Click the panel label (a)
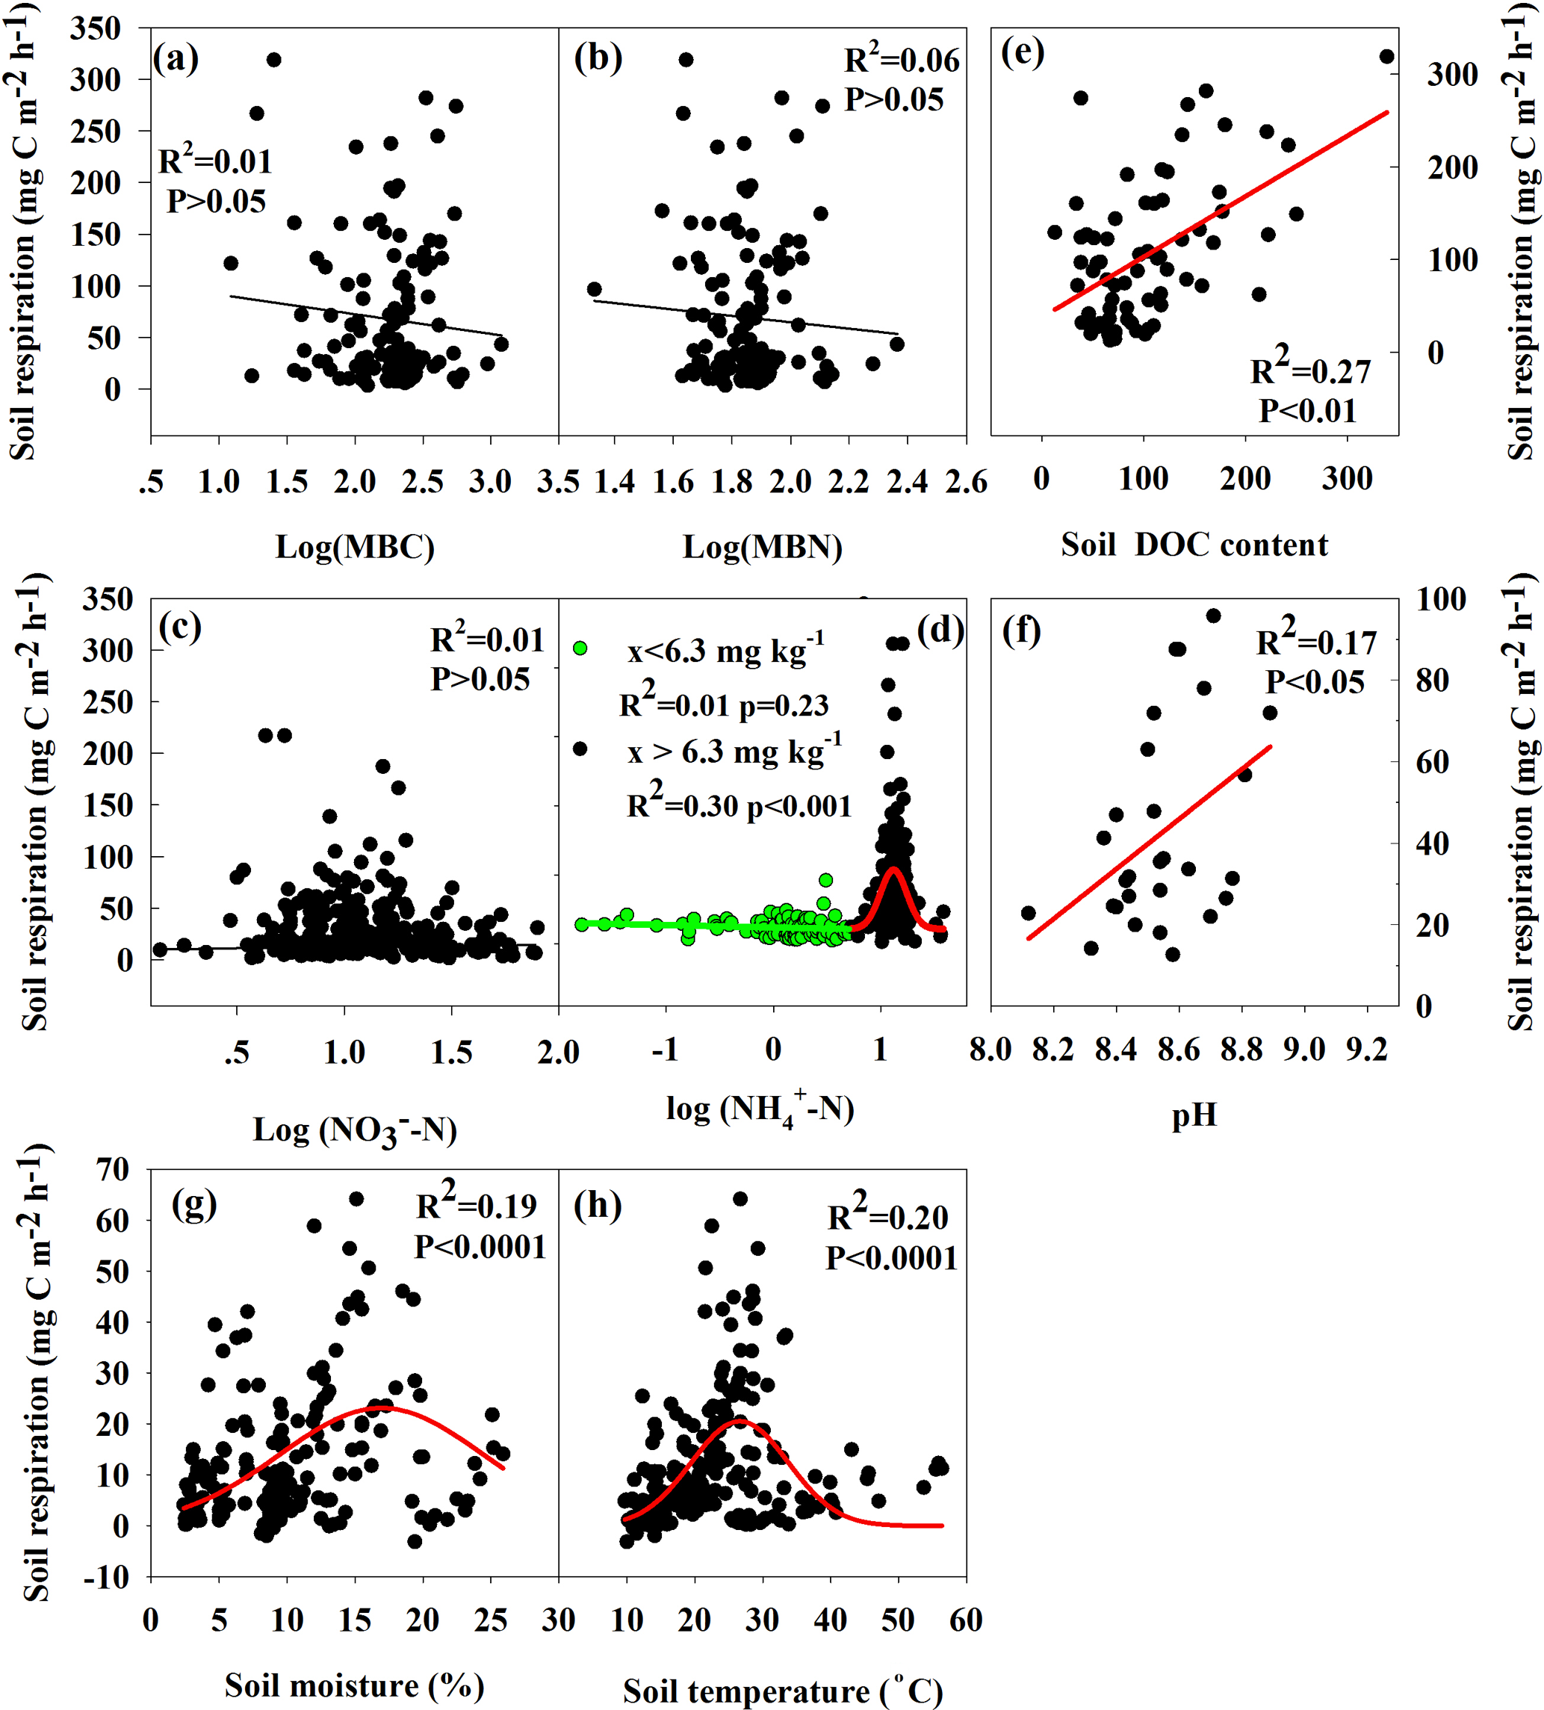pyautogui.click(x=176, y=58)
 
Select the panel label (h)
pyautogui.click(x=598, y=1204)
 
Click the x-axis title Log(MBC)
pyautogui.click(x=355, y=547)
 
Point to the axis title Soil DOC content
pyautogui.click(x=1194, y=545)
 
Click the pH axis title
pyautogui.click(x=1194, y=1114)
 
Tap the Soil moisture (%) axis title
pyautogui.click(x=354, y=1685)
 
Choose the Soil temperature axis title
pyautogui.click(x=782, y=1691)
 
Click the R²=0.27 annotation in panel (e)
pyautogui.click(x=1310, y=369)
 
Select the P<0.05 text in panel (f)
pyautogui.click(x=1315, y=681)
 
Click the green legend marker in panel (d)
pyautogui.click(x=580, y=648)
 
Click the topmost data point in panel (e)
pyautogui.click(x=1386, y=57)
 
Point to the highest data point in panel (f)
pyautogui.click(x=1213, y=616)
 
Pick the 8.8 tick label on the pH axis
pyautogui.click(x=1241, y=1050)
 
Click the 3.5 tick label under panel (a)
pyautogui.click(x=557, y=482)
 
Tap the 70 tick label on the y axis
pyautogui.click(x=113, y=1170)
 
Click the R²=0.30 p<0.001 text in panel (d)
pyautogui.click(x=738, y=803)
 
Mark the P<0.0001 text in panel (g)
pyautogui.click(x=480, y=1247)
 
